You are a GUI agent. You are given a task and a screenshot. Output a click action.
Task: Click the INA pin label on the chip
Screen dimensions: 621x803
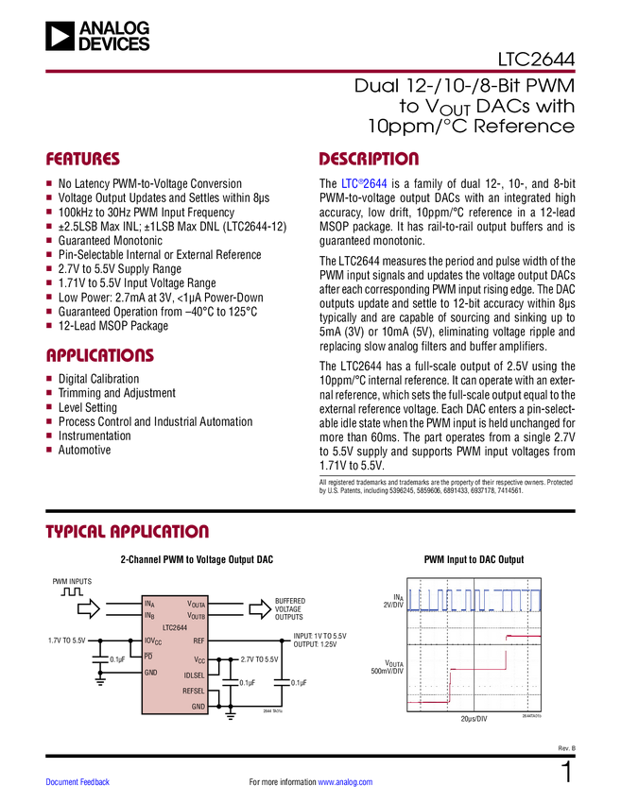pos(148,603)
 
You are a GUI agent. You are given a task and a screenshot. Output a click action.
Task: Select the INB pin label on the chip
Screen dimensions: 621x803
pos(148,615)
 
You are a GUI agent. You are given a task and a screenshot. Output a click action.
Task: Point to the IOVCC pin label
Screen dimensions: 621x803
pos(152,641)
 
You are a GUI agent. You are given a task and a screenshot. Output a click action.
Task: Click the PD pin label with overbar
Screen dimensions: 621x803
pos(147,656)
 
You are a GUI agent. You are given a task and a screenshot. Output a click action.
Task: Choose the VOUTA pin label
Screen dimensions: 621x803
pos(196,603)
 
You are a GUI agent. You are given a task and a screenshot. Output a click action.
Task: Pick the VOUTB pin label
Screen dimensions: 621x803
pos(196,616)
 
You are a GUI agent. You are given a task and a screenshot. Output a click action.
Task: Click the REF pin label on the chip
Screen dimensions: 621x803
pos(198,641)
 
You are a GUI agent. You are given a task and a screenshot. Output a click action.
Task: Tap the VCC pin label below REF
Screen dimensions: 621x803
pos(199,659)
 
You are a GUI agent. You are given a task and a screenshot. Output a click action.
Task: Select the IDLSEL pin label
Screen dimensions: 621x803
pos(194,675)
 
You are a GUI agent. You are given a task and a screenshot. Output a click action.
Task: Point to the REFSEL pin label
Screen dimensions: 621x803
pos(194,691)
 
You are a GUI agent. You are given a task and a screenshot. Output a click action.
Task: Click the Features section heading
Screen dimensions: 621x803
pos(83,159)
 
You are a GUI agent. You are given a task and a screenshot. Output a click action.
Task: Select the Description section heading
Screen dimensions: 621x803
pos(370,159)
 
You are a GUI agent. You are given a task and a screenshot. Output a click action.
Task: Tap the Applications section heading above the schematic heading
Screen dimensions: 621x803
pos(100,356)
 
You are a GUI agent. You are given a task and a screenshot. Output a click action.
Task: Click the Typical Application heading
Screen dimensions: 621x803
pos(127,531)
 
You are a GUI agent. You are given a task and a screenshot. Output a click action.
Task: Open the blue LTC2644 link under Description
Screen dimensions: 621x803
pos(364,183)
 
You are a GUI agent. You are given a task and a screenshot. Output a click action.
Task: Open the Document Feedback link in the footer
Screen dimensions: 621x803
pos(78,781)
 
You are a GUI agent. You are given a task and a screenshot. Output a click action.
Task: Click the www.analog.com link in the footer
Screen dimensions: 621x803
pos(345,781)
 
